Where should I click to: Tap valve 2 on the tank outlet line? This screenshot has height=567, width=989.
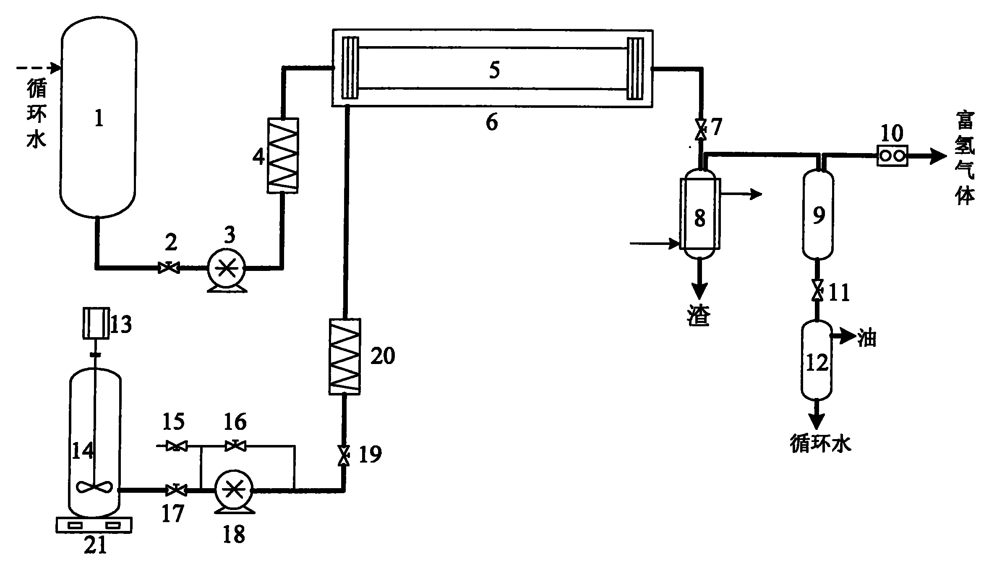(x=169, y=267)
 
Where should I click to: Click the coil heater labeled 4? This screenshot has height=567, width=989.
(x=283, y=155)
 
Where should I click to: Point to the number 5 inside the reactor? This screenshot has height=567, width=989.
(x=494, y=70)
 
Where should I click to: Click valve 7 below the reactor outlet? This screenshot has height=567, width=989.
(x=699, y=130)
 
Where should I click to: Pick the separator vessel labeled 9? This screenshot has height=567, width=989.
(x=818, y=214)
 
